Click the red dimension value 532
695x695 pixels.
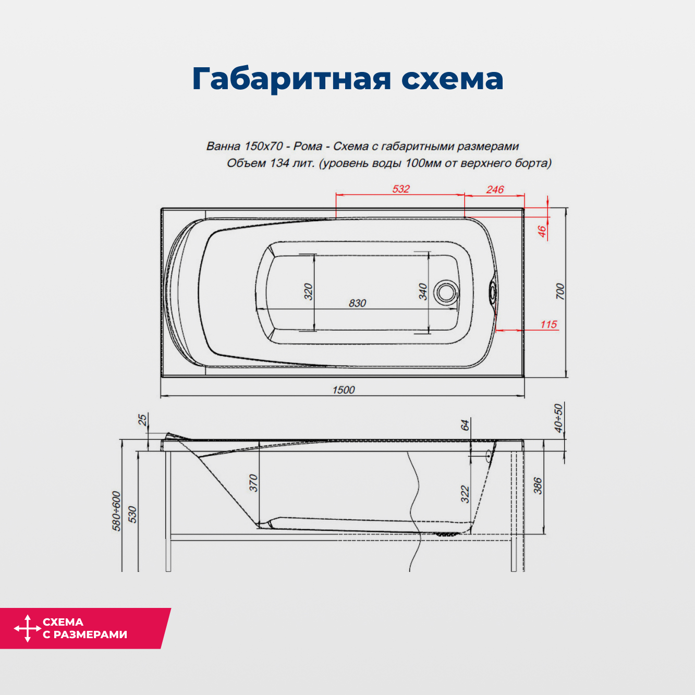coord(401,189)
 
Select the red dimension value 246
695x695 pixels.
coord(495,189)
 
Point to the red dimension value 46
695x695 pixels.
coord(542,231)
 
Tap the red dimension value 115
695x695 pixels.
coord(548,324)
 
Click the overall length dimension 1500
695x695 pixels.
coord(344,389)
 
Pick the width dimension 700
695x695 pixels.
coord(560,291)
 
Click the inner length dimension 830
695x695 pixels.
coord(357,303)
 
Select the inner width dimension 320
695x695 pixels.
coord(308,291)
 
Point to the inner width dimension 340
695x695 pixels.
coord(423,291)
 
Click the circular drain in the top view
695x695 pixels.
coord(446,292)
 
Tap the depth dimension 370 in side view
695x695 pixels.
coord(253,482)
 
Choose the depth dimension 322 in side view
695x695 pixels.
coord(465,494)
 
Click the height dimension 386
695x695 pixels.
coord(538,486)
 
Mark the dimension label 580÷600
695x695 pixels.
coord(117,511)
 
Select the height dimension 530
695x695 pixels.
coord(132,514)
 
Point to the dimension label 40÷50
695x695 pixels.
coord(558,418)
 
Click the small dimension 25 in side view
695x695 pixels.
coord(142,419)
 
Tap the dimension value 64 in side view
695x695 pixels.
coord(465,424)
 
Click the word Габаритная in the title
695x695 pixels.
coord(291,79)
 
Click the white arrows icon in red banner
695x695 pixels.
coord(27,628)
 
